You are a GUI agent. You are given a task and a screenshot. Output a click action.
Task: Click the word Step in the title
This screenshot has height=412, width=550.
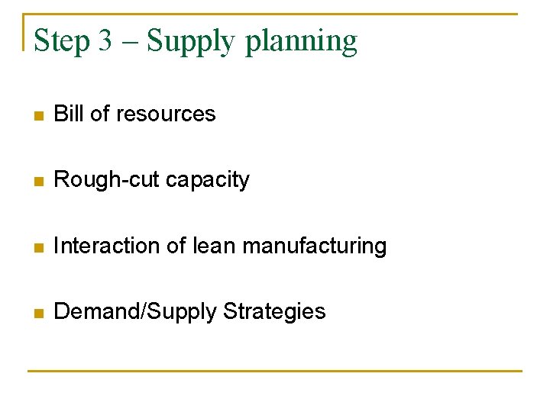(63, 41)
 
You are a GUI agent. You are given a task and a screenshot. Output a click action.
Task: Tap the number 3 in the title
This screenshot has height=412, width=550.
(105, 41)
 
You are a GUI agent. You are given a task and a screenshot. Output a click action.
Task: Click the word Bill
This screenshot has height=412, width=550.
(69, 114)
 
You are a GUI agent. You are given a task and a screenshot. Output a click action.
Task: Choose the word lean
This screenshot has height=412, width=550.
(213, 246)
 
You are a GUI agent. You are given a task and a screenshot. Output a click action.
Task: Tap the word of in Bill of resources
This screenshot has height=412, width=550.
(99, 114)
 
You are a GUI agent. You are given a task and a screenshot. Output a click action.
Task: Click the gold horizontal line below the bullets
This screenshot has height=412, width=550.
(275, 372)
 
